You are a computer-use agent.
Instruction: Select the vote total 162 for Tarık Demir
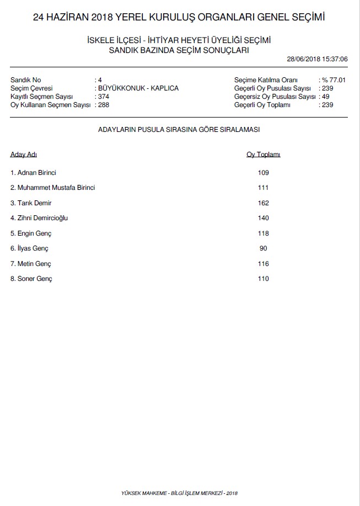click(263, 203)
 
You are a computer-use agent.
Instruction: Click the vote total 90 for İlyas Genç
click(263, 248)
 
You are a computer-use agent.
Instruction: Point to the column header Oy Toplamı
click(263, 155)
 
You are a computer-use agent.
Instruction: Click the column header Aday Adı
click(24, 155)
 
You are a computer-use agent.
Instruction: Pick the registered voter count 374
click(103, 97)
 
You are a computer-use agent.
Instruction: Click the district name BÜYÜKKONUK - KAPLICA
click(138, 88)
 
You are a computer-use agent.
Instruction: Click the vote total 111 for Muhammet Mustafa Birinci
click(263, 188)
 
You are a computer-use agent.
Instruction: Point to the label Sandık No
click(25, 80)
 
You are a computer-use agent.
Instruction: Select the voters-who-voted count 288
click(103, 105)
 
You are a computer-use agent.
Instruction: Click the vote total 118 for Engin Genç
click(263, 233)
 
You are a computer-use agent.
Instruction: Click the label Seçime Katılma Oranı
click(266, 80)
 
